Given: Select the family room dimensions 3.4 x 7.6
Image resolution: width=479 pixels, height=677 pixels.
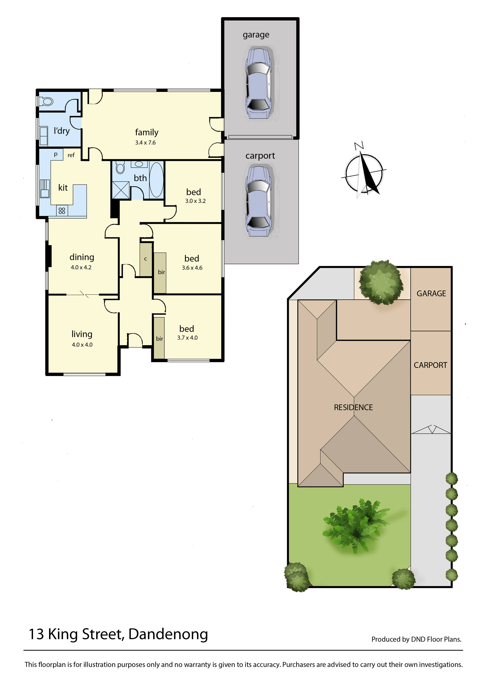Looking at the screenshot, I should click(145, 143).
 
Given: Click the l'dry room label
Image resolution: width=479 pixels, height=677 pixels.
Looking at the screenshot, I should click(62, 131).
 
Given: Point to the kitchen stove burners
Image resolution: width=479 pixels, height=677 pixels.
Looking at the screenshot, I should click(62, 211).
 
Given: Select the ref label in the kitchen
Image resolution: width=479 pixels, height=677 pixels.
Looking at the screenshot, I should click(71, 155).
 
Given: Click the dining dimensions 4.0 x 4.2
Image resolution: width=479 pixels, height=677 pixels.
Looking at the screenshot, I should click(81, 267).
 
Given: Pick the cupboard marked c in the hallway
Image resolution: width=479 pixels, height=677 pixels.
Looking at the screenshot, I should click(146, 259).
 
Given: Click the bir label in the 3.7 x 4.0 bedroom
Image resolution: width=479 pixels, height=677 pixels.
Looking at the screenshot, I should click(160, 339).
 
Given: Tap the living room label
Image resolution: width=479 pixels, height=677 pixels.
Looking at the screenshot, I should click(82, 334).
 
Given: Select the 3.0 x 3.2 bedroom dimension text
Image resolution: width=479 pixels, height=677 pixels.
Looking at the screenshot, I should click(195, 201).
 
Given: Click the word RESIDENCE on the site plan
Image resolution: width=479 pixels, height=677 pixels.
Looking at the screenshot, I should click(353, 408).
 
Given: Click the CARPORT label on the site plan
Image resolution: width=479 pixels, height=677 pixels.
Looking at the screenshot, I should click(430, 365).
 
